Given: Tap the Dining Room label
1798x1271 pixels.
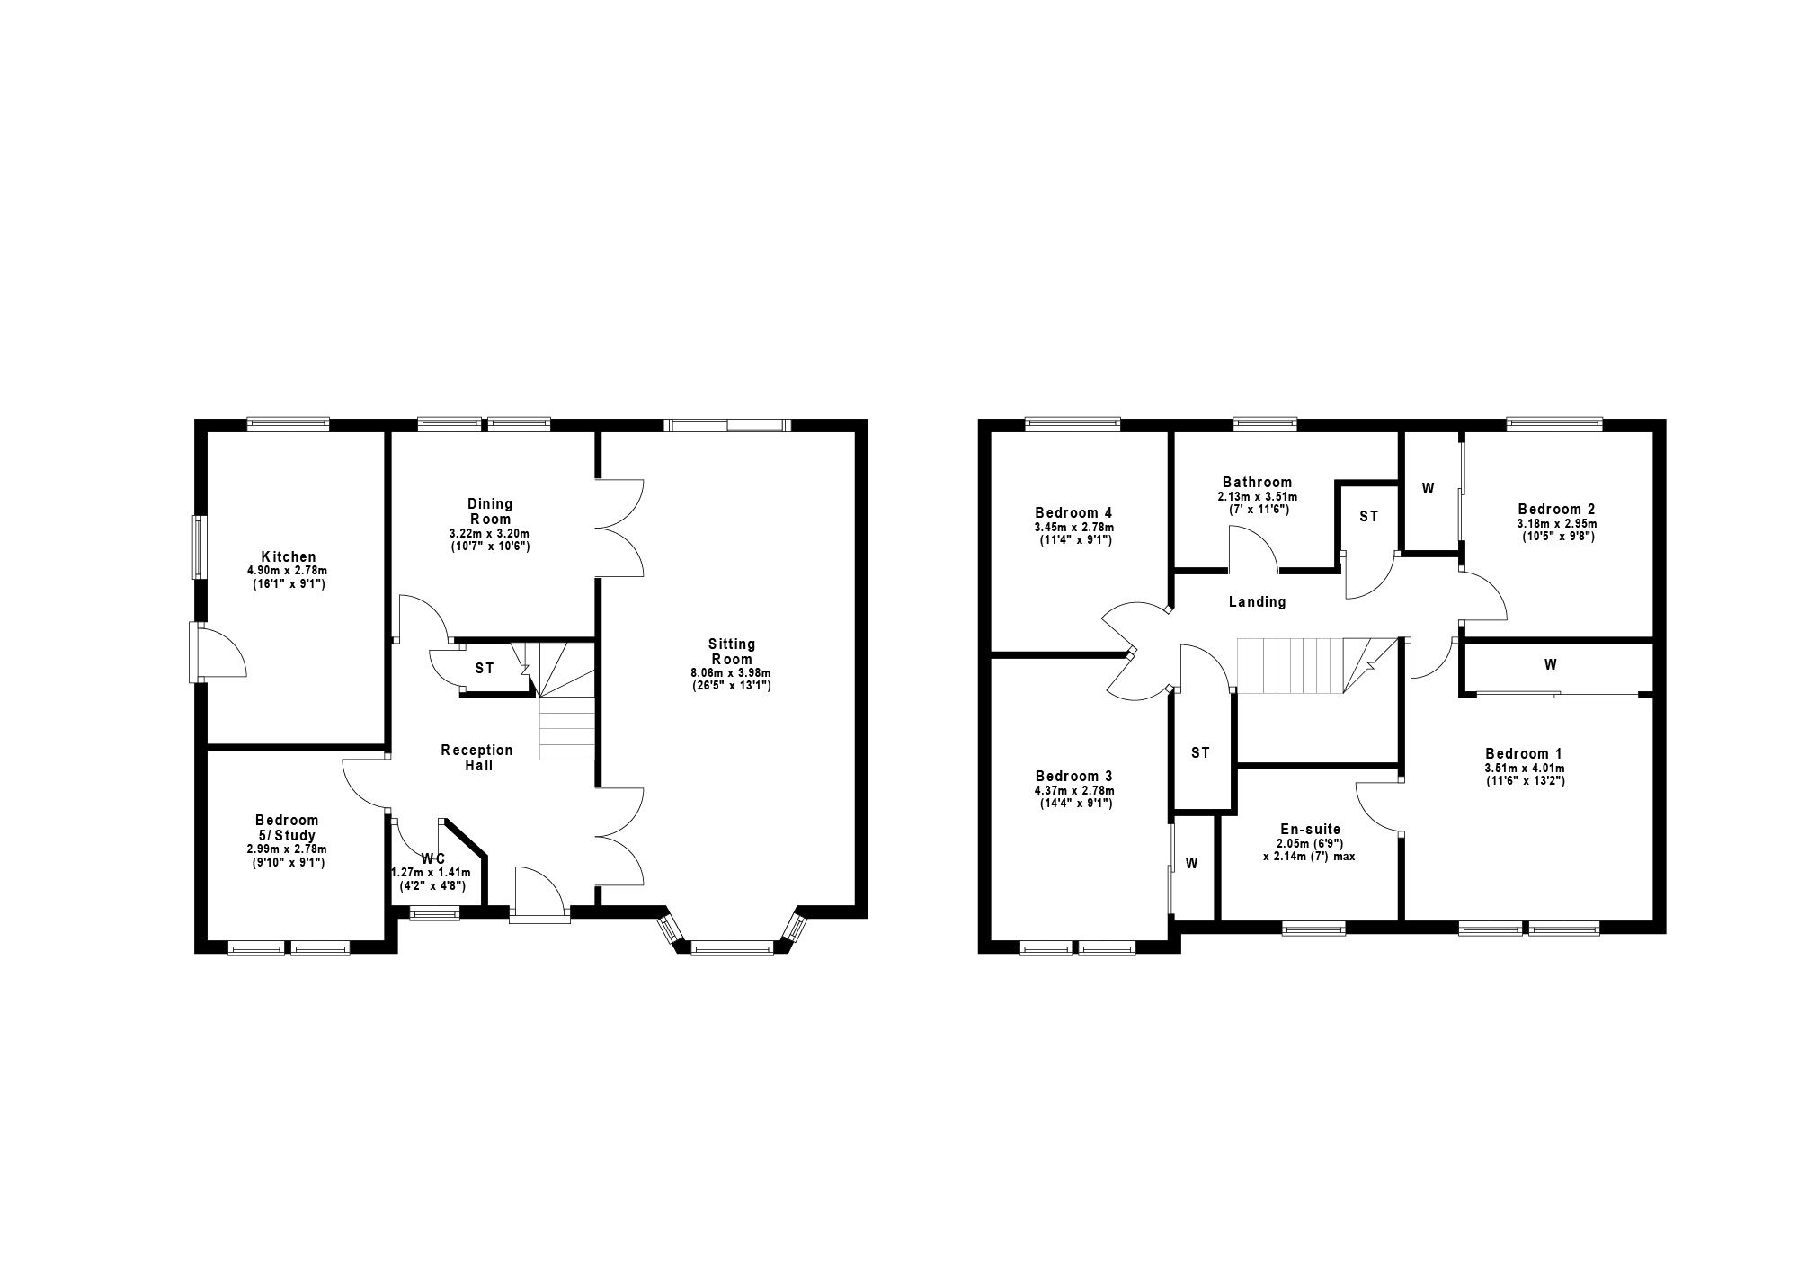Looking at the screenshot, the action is click(490, 511).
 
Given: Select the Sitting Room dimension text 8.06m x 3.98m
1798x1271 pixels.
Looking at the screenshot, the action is click(732, 672).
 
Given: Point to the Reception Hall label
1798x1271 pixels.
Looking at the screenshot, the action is click(477, 758).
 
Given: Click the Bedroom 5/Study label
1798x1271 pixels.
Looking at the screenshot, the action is click(287, 828).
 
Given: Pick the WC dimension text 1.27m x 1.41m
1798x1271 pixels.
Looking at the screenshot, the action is click(431, 872).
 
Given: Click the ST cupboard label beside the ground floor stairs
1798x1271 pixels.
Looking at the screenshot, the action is click(485, 669).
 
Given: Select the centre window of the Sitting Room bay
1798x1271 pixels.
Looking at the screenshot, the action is click(732, 947).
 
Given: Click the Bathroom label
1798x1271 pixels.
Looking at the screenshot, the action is click(1257, 482).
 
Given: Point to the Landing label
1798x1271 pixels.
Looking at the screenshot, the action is click(1257, 602).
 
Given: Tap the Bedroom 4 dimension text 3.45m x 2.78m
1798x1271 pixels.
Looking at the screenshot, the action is click(1073, 528).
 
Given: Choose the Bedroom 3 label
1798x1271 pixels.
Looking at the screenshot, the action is click(1073, 776).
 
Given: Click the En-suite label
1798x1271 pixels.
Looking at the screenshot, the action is click(1310, 830).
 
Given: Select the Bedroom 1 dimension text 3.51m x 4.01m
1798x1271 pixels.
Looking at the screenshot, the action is click(1524, 769).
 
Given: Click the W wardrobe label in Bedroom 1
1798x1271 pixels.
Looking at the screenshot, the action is click(1551, 665).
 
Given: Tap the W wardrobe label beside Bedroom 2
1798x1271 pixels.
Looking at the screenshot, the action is click(1429, 489).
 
